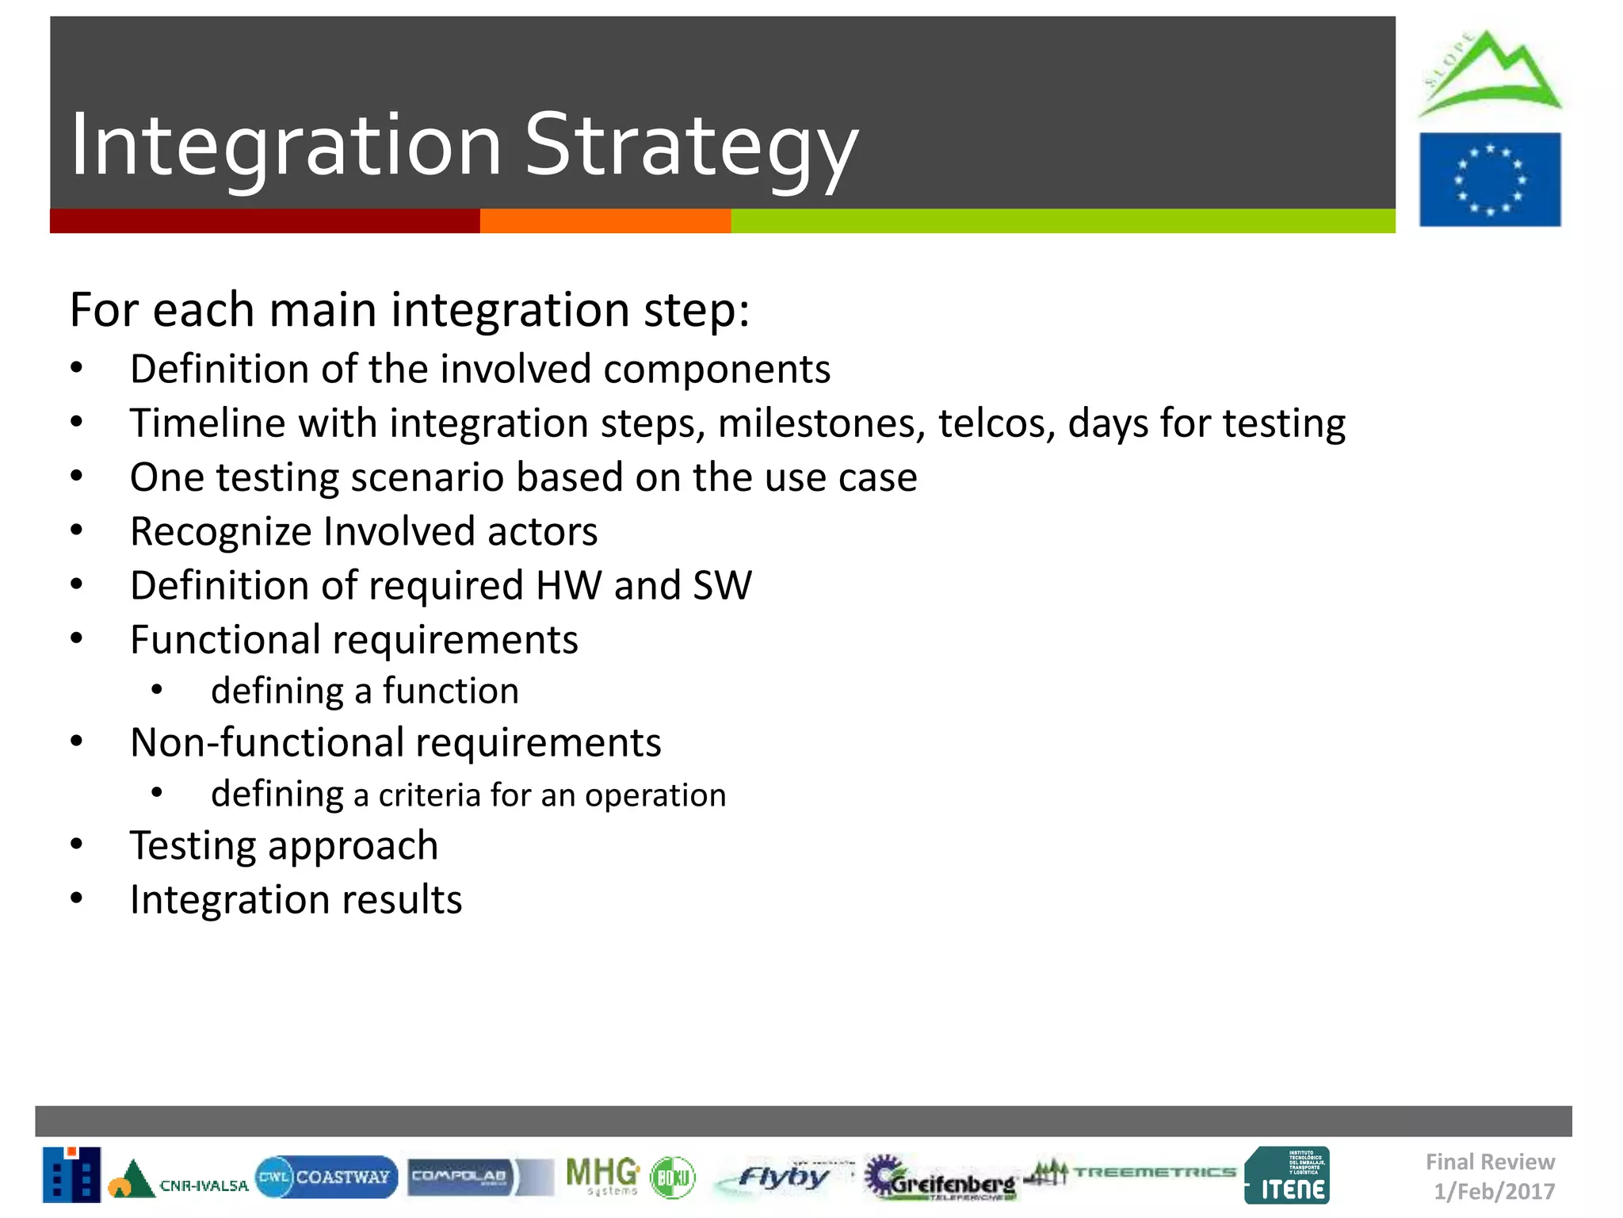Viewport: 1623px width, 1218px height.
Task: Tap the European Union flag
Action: tap(1489, 180)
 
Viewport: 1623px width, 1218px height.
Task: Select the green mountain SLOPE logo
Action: tap(1488, 74)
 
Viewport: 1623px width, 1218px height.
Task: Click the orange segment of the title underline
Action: tap(605, 221)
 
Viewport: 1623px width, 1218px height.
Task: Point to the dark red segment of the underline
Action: tap(264, 221)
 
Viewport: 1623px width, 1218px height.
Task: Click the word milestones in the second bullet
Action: tap(821, 423)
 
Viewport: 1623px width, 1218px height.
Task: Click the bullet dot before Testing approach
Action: tap(76, 845)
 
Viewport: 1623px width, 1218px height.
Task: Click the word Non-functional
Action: tap(266, 743)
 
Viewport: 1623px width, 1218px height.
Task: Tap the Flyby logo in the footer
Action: tap(781, 1177)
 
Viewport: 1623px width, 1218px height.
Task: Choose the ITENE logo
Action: tap(1287, 1177)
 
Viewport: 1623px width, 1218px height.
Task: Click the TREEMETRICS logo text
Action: tap(1154, 1172)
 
